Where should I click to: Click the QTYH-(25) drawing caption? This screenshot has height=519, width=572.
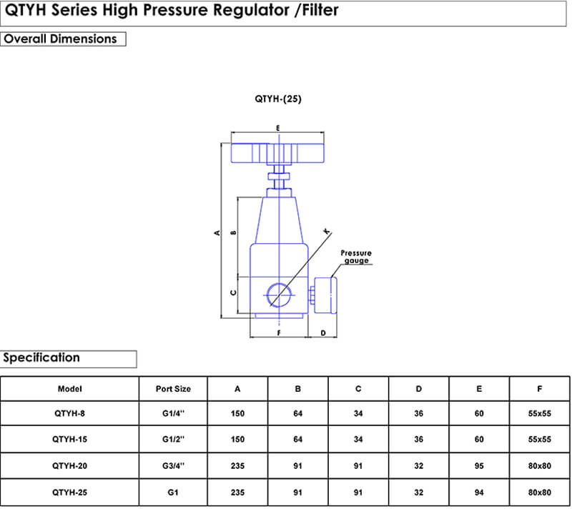point(278,99)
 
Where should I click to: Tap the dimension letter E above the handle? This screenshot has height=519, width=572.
point(277,128)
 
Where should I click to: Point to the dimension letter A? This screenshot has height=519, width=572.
point(216,232)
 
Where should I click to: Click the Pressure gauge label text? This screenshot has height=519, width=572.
point(356,257)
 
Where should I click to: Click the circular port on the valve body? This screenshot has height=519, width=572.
point(277,295)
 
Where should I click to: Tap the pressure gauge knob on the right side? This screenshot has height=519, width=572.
point(326,294)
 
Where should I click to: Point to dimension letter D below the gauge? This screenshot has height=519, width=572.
point(323,333)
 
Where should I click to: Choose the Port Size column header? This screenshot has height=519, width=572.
point(173,389)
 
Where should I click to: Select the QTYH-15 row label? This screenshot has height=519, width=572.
point(69,440)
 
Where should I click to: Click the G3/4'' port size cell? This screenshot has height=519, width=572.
point(173,466)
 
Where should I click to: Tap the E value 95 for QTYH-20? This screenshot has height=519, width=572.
point(479,466)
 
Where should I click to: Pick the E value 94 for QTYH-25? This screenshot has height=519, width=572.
point(479,493)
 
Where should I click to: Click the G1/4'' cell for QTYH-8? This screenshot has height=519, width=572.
point(173,413)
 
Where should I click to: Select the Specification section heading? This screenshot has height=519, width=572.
point(41,357)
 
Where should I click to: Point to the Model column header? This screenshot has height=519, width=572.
point(69,389)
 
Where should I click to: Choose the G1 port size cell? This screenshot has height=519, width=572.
point(173,493)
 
